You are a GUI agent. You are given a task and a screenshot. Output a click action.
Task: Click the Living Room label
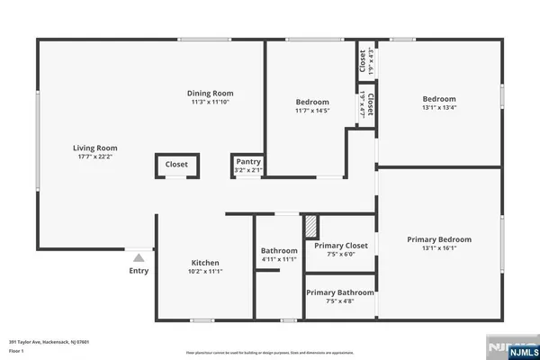[x=95, y=148]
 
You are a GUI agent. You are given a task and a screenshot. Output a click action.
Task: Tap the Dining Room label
[x=211, y=93]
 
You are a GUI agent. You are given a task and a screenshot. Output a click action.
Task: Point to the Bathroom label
[x=279, y=250]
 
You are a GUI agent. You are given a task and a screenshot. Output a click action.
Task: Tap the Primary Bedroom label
[x=439, y=238]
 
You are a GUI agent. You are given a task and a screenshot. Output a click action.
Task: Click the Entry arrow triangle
[x=139, y=257]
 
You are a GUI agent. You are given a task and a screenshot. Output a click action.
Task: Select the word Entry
[x=139, y=270]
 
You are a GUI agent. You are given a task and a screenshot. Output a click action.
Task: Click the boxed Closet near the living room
[x=176, y=165]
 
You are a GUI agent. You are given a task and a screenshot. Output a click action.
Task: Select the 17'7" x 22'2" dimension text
[x=95, y=157]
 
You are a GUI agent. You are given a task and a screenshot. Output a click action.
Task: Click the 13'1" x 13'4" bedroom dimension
[x=439, y=109]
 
